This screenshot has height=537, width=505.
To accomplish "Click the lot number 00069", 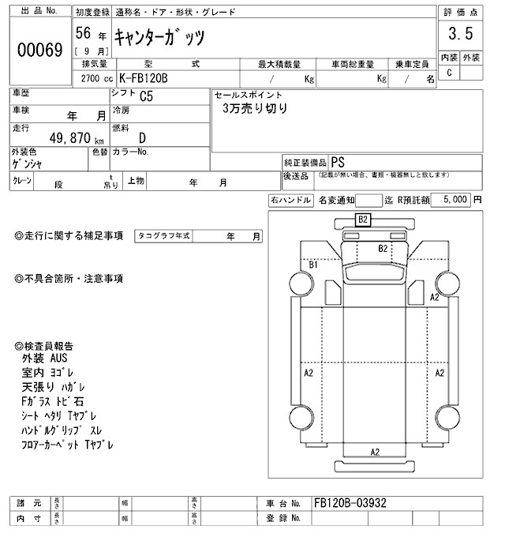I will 39,49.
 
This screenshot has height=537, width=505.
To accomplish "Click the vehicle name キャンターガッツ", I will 165,37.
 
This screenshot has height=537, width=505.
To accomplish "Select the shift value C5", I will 147,97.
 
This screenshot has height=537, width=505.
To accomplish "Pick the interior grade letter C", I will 449,73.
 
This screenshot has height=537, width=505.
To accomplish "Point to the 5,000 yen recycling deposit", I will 456,201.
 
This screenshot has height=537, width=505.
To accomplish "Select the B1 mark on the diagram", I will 313,265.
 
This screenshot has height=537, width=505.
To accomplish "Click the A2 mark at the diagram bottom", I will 375,452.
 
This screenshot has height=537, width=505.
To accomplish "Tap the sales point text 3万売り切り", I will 254,109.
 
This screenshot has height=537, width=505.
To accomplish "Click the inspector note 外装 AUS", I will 46,358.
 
